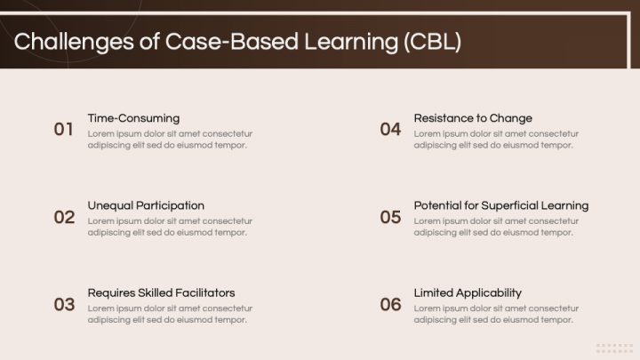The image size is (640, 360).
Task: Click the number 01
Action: [63, 130]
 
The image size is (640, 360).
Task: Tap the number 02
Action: [64, 217]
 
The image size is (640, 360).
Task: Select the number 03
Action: [64, 305]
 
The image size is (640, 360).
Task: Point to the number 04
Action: [390, 130]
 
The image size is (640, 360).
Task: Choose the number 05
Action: [390, 217]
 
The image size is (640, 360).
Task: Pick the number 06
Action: [390, 305]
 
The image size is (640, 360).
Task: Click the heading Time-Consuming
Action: [133, 118]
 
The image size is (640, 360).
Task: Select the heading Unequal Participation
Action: [146, 205]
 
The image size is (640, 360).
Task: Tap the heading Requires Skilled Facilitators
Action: [161, 292]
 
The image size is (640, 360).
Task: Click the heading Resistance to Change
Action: [473, 118]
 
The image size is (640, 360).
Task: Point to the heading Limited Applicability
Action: [468, 292]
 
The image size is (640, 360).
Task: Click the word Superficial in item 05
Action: [511, 205]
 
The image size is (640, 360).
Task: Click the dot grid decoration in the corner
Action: [614, 348]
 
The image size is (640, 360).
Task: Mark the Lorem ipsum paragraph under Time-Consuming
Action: [170, 140]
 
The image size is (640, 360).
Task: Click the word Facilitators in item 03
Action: [206, 292]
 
